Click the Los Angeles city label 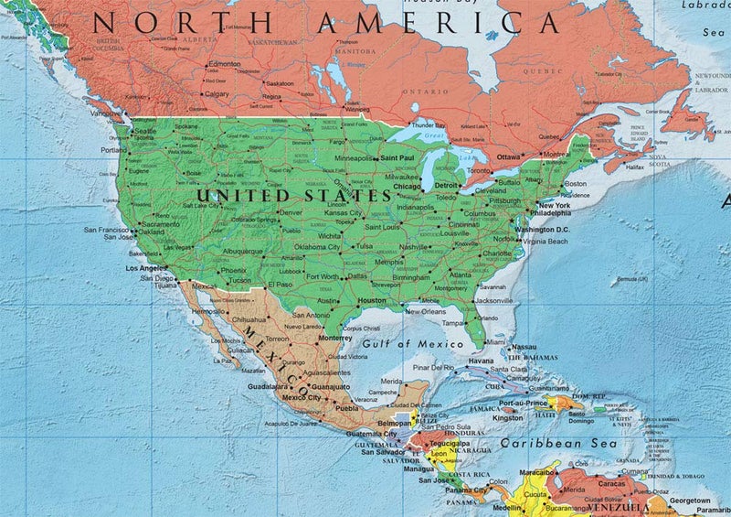[x=146, y=268]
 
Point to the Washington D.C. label [x=543, y=229]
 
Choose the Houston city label [x=372, y=300]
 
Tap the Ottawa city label [x=509, y=156]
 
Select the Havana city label [x=481, y=361]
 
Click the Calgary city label [x=217, y=93]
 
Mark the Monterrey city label [x=336, y=337]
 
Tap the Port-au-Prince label [x=524, y=404]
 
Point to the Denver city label [x=290, y=211]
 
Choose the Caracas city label [x=611, y=482]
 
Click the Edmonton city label [x=224, y=64]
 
